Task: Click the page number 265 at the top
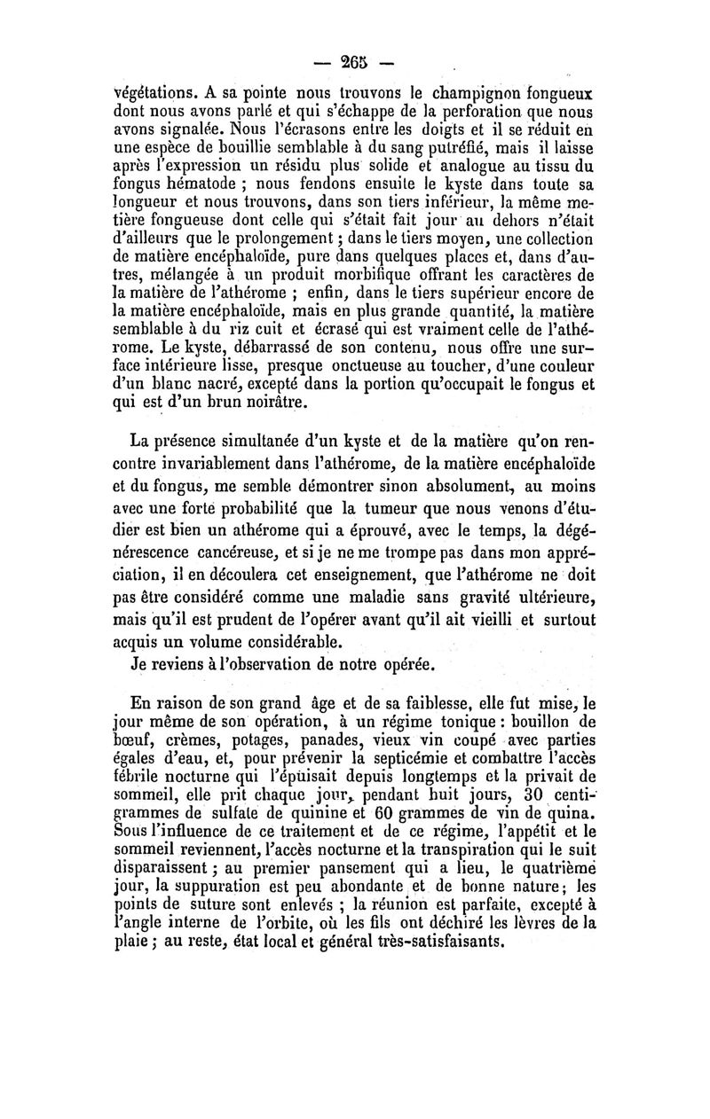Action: [x=354, y=63]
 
